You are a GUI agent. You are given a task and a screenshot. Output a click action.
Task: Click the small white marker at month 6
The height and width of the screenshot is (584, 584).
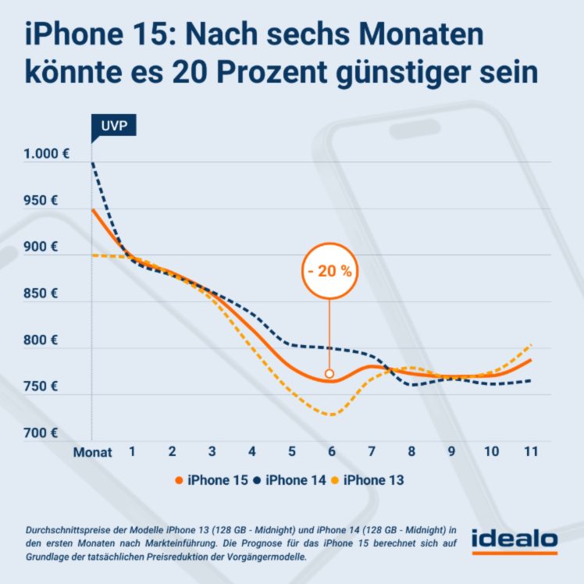tap(329, 373)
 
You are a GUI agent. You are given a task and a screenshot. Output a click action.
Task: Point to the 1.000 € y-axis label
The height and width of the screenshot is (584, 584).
tap(46, 154)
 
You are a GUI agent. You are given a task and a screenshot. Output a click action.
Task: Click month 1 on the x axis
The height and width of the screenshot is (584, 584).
tap(133, 451)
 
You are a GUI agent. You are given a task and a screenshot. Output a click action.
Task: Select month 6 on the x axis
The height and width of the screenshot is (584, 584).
tap(331, 451)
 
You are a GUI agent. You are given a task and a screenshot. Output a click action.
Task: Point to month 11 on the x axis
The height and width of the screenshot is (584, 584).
tap(531, 451)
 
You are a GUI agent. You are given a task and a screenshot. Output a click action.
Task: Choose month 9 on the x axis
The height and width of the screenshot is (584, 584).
tap(451, 451)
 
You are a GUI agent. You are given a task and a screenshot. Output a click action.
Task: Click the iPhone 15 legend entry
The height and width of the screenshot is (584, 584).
tap(211, 480)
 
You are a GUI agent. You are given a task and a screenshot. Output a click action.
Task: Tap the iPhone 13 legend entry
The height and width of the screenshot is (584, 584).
tap(369, 480)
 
